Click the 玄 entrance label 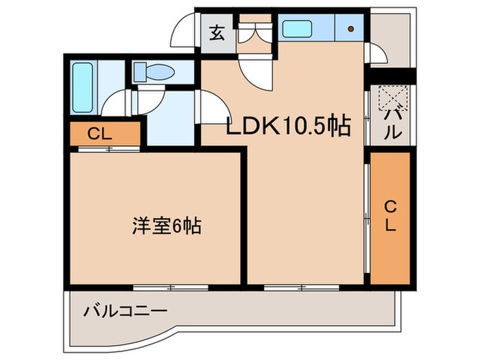pyautogui.click(x=217, y=32)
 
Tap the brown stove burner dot pyautogui.click(x=350, y=29)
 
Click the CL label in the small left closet pyautogui.click(x=99, y=134)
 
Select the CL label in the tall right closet pyautogui.click(x=389, y=217)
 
